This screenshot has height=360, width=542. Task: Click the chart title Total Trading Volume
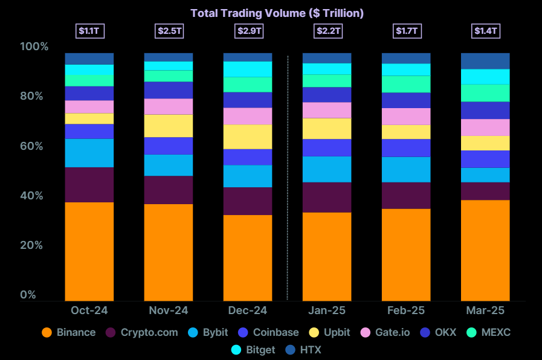pos(277,13)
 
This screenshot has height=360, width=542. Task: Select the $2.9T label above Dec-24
pos(248,31)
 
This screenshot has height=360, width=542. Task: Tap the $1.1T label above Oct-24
pos(89,31)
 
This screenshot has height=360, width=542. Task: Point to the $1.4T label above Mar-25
pos(486,31)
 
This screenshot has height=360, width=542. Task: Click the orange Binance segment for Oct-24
pos(89,251)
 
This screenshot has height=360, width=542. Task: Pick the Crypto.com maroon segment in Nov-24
pos(169,190)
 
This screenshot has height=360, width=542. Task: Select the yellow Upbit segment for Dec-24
pos(248,137)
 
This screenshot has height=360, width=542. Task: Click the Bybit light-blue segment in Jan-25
pos(327,169)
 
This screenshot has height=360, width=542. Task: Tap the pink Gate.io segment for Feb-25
pos(406,117)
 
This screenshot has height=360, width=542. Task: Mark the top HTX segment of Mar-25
pos(486,61)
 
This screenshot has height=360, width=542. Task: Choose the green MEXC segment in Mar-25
pos(486,93)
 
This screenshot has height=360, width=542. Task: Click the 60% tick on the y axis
pos(34,146)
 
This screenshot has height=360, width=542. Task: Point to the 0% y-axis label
pos(28,295)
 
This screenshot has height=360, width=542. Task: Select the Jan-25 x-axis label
pos(327,310)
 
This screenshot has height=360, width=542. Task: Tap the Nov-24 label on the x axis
pos(169,310)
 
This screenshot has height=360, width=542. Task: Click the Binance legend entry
pos(69,332)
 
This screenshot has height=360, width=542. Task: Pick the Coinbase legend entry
pos(269,332)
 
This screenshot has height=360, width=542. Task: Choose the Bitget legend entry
pos(253,350)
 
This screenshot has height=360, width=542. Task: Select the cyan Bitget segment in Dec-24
pos(248,69)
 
